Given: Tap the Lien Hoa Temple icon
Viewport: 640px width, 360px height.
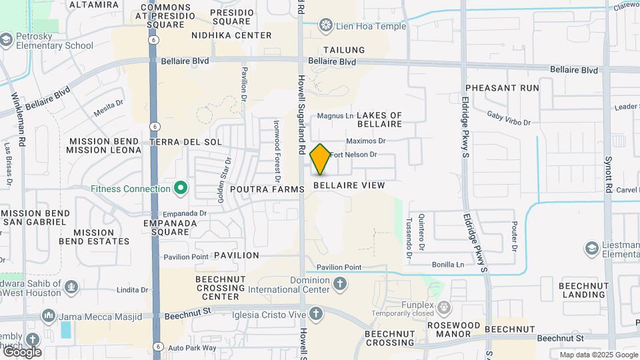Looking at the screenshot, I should click(326, 26).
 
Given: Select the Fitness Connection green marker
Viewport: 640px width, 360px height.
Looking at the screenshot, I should click(180, 189).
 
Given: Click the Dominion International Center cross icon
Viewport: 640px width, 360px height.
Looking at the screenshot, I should click(339, 285).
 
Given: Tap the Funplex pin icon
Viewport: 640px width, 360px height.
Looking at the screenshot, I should click(445, 308).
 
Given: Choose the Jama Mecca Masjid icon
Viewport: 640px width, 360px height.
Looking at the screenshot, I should click(48, 315).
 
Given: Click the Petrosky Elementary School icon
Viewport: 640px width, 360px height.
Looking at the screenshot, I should click(7, 41).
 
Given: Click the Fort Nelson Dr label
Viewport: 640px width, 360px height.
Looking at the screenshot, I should click(353, 155).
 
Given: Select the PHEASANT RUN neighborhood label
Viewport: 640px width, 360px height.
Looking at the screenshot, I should click(502, 88).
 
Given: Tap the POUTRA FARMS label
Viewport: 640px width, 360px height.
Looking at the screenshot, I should click(267, 189).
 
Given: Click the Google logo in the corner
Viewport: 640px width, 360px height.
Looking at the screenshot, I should click(21, 351).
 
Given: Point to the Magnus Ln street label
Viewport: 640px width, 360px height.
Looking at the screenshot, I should click(335, 116).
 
